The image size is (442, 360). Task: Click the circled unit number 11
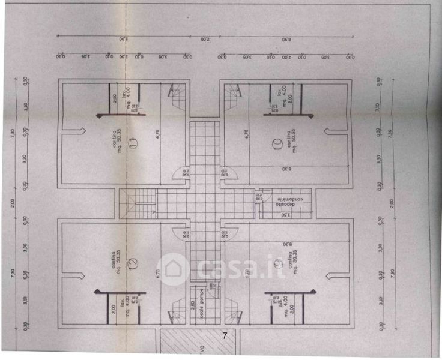133,142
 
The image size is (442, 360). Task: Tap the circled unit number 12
133,262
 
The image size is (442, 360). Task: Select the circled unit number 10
277,143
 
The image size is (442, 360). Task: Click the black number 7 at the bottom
225,336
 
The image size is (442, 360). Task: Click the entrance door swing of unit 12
180,233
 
